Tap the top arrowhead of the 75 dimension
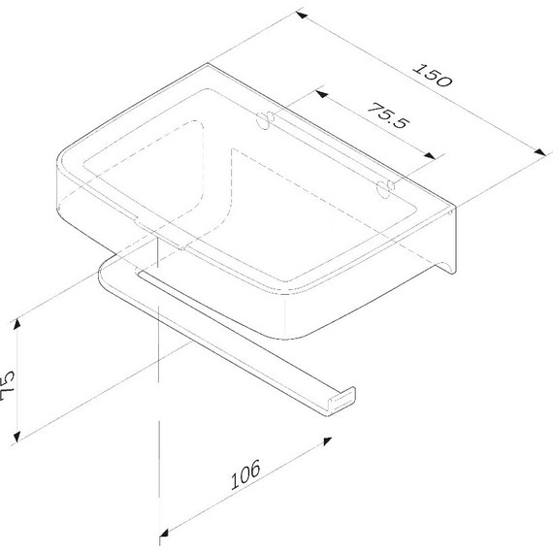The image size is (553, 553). pos(20,321)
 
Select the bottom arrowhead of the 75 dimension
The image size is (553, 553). pos(20,434)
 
